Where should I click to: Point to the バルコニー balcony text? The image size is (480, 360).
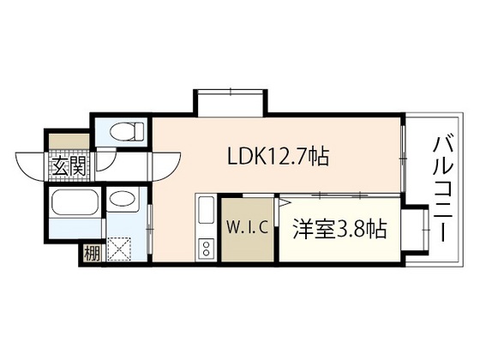(444, 188)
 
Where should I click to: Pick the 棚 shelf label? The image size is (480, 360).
(91, 254)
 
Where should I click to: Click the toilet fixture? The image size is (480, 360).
(123, 131)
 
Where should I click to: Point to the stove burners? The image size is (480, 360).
(206, 249)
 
